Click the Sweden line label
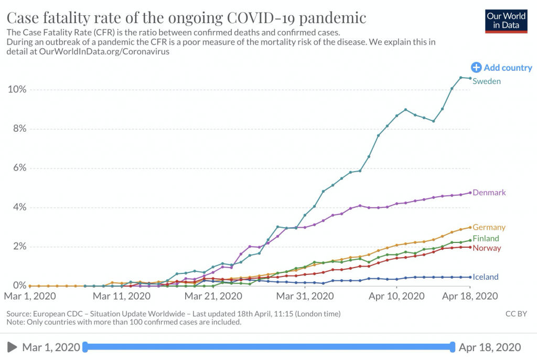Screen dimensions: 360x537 487,81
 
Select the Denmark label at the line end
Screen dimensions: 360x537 489,193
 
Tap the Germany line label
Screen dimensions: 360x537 489,228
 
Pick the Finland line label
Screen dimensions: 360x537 486,239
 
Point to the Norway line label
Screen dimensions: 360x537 487,248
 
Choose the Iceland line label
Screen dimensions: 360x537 486,277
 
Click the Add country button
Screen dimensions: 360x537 502,68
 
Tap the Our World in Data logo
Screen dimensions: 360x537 507,20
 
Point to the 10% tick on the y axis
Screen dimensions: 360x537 17,89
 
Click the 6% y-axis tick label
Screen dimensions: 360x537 19,168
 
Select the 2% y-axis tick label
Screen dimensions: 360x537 19,247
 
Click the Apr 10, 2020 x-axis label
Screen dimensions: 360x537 396,297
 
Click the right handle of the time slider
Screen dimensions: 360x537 453,347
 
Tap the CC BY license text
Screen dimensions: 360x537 516,314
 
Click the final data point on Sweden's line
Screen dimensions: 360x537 470,78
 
